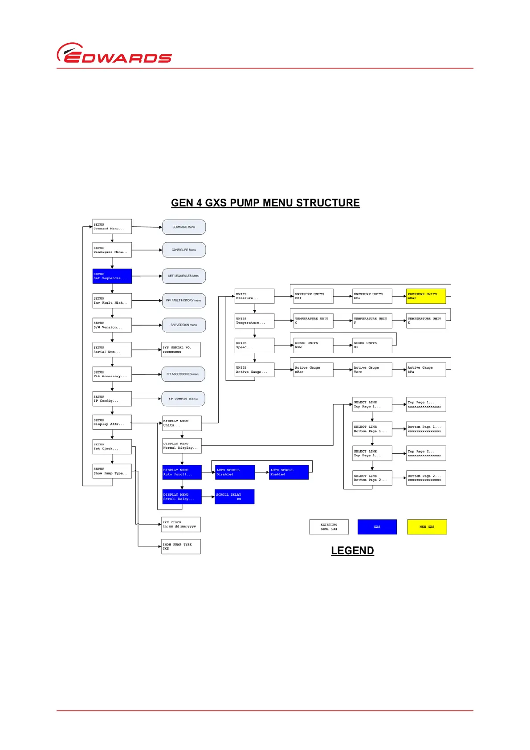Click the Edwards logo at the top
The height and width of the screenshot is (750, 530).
click(x=114, y=53)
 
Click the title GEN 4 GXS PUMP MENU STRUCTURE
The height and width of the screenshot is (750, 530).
click(x=265, y=203)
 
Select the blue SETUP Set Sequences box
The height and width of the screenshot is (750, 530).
click(x=112, y=276)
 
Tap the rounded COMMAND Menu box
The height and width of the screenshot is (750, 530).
click(x=183, y=227)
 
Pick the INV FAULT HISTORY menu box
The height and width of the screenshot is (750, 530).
click(x=183, y=301)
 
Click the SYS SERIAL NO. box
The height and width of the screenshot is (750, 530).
click(x=181, y=350)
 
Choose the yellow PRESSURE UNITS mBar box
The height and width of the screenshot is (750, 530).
click(x=426, y=296)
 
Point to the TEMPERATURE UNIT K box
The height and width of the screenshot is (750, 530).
click(x=426, y=321)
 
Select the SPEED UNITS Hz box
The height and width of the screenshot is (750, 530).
click(x=372, y=345)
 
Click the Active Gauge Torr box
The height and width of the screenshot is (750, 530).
click(x=372, y=370)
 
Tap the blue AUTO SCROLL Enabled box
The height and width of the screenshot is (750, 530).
click(x=289, y=472)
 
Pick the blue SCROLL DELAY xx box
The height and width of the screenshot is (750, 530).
click(x=234, y=497)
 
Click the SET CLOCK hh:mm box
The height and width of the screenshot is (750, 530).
click(x=181, y=525)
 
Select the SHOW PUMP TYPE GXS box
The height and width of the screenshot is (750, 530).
click(x=181, y=546)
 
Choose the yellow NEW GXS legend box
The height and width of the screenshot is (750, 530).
click(x=427, y=527)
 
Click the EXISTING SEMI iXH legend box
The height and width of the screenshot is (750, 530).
click(x=329, y=527)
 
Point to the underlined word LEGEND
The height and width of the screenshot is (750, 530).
click(x=352, y=551)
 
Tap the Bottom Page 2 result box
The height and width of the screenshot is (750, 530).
click(x=426, y=478)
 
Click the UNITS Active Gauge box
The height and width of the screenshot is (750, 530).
click(x=254, y=370)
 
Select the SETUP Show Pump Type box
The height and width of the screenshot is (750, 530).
click(x=112, y=471)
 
